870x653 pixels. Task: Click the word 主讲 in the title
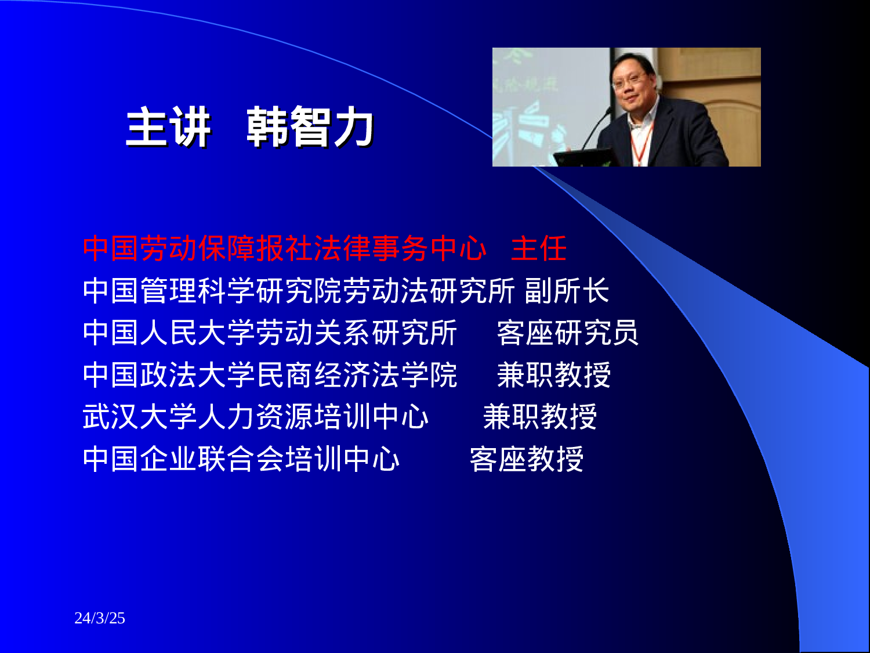coord(168,128)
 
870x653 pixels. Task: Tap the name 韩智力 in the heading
coord(310,128)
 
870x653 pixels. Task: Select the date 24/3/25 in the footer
coord(100,618)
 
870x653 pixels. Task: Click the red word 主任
coord(538,248)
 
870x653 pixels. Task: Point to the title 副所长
coord(567,291)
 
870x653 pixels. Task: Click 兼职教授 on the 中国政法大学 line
coord(554,375)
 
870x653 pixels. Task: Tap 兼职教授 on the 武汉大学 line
coord(540,417)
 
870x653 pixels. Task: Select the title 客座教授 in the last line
coord(526,459)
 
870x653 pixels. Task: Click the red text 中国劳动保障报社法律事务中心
coord(284,248)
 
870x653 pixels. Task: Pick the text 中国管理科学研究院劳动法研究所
coord(298,291)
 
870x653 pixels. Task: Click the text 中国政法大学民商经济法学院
coord(270,375)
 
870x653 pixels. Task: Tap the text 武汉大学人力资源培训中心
coord(255,417)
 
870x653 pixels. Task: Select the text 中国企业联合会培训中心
coord(241,459)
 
